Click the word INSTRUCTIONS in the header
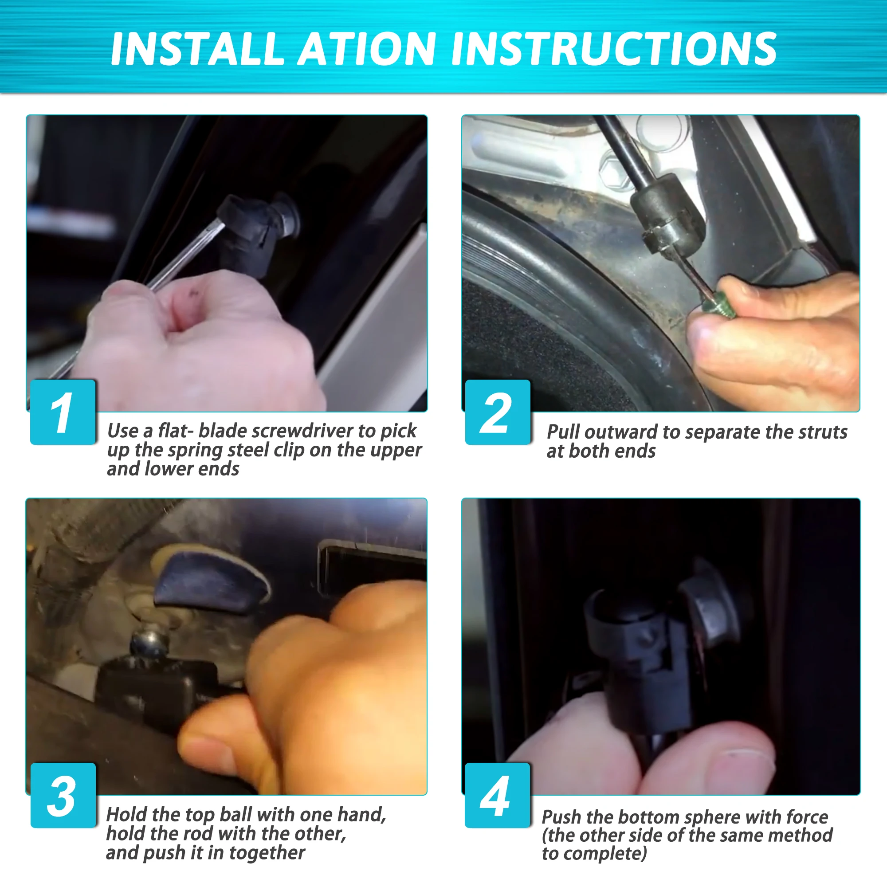614,49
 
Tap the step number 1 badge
63,412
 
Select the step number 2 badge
498,412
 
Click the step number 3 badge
63,795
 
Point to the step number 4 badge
498,795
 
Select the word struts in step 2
823,432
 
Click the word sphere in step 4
710,817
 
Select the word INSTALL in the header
197,49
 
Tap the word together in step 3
267,853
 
